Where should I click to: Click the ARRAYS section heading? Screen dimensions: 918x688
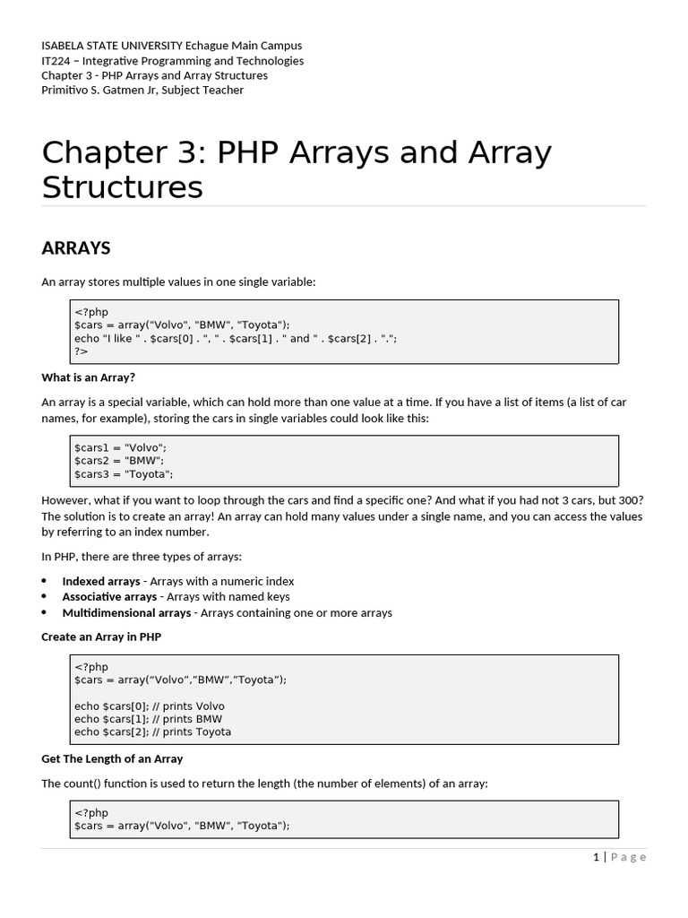pyautogui.click(x=76, y=247)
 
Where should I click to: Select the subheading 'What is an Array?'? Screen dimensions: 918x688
pyautogui.click(x=88, y=377)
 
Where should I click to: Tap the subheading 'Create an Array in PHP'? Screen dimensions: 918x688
pyautogui.click(x=101, y=637)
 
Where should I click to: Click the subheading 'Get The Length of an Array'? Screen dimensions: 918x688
pyautogui.click(x=112, y=758)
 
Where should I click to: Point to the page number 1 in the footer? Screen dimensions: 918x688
pyautogui.click(x=597, y=857)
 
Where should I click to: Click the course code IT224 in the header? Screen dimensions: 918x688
pyautogui.click(x=57, y=61)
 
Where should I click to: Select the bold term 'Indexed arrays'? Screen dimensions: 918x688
pyautogui.click(x=101, y=581)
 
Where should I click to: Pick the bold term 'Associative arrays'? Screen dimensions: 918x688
pyautogui.click(x=109, y=597)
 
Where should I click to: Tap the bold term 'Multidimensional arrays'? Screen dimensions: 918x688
pyautogui.click(x=126, y=613)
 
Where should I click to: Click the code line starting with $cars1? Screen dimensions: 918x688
pyautogui.click(x=120, y=447)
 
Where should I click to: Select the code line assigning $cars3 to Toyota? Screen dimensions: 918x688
pyautogui.click(x=124, y=474)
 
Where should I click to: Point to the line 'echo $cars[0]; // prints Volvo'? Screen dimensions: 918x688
pyautogui.click(x=150, y=706)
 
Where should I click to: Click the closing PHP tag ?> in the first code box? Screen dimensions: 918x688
pyautogui.click(x=80, y=351)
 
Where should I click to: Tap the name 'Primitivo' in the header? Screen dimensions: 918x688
pyautogui.click(x=66, y=90)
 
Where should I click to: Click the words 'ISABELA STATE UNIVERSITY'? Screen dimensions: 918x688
pyautogui.click(x=112, y=46)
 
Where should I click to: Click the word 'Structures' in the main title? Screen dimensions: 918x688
pyautogui.click(x=123, y=187)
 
